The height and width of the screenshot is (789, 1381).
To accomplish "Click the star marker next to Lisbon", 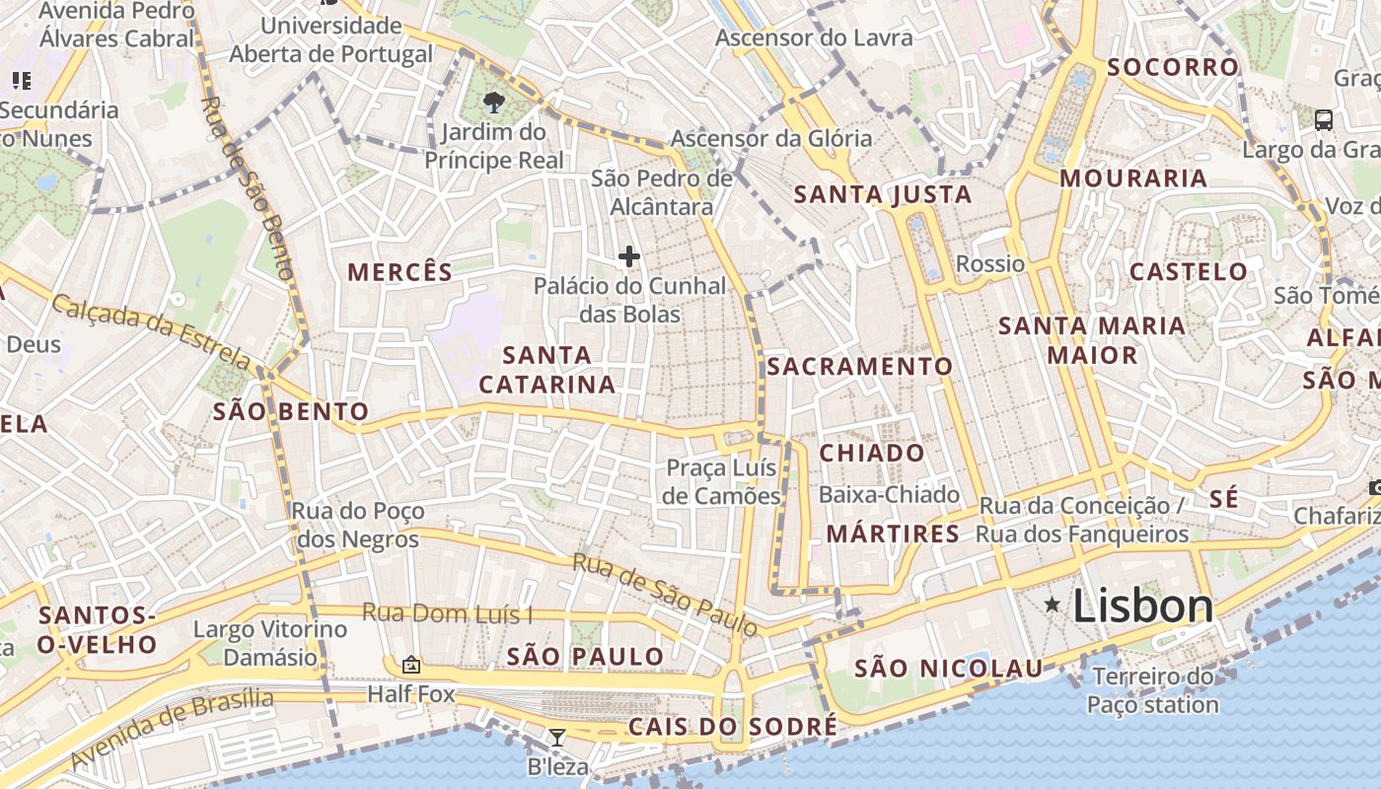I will click(x=1053, y=604).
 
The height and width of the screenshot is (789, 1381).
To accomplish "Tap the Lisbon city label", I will click(x=1142, y=605).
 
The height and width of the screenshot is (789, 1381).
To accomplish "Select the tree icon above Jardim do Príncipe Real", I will click(x=494, y=102).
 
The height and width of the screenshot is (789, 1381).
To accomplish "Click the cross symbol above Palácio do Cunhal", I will click(x=629, y=257).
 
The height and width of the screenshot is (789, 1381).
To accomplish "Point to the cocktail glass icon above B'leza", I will click(x=557, y=737).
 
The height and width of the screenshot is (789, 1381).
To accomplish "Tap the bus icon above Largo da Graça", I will click(x=1324, y=120).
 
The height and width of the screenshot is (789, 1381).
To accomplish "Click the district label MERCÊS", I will click(x=400, y=272).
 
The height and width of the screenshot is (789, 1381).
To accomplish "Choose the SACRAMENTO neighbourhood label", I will click(x=860, y=367).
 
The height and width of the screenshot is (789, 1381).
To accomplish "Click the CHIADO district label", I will click(x=872, y=453).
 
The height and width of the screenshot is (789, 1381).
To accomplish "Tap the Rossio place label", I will click(x=990, y=263).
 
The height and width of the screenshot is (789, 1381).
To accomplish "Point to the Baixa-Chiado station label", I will click(x=889, y=494).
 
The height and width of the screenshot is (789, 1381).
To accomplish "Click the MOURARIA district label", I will click(x=1133, y=179).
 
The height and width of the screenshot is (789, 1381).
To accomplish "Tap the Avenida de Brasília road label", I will click(x=174, y=727).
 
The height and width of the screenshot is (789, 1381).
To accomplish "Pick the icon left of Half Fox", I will click(x=411, y=666).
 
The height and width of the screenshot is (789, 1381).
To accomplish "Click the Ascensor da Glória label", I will click(x=771, y=138).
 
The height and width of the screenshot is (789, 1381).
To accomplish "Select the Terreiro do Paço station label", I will click(x=1153, y=690).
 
